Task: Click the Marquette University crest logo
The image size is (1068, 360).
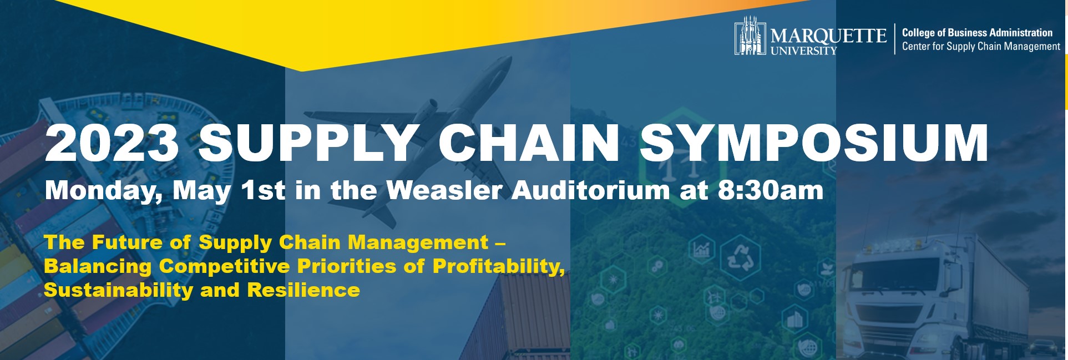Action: coord(750,36)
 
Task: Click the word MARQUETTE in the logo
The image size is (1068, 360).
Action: coord(828,36)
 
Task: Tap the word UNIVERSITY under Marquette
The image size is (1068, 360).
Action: coord(803,50)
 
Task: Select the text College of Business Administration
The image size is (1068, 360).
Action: coord(977,33)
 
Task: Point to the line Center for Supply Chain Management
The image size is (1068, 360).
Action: coord(981,47)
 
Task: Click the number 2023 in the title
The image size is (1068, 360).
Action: coord(112,143)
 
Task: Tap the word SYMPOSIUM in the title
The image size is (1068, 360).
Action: coord(814,143)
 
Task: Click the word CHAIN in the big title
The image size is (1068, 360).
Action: coord(528,143)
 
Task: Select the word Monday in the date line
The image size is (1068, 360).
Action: coord(104,191)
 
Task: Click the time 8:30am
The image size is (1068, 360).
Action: coord(770,190)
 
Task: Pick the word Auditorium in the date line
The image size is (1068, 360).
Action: coord(590,190)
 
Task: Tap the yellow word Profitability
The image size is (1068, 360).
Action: coord(498,267)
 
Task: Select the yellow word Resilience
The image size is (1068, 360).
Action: coord(303,290)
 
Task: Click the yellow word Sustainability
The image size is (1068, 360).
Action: coord(118,291)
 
